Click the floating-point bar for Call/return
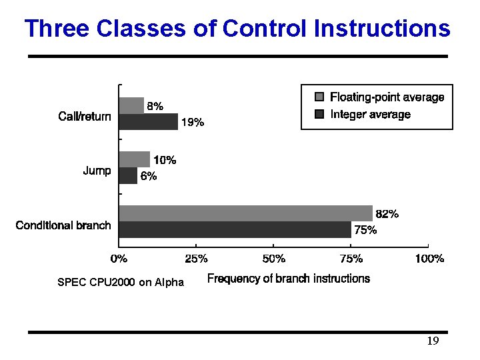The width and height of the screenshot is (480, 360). (131, 105)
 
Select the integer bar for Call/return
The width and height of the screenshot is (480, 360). (149, 121)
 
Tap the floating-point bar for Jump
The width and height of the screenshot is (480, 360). (134, 159)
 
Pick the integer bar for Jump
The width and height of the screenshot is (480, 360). (128, 175)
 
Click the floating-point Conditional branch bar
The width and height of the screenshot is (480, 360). (245, 213)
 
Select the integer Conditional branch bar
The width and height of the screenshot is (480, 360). (235, 229)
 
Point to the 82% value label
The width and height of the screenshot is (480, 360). (387, 214)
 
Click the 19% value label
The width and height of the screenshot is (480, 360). (193, 123)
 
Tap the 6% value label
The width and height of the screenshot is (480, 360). (148, 177)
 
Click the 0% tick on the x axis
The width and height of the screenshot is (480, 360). (119, 258)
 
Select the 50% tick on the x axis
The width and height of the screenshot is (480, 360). (274, 258)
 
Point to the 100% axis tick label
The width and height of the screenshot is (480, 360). (429, 258)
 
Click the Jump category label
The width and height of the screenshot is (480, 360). (97, 171)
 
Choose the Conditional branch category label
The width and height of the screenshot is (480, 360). (63, 225)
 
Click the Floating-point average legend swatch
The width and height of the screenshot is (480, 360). (319, 97)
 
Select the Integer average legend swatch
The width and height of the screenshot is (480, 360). (319, 115)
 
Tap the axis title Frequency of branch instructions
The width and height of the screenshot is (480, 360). (288, 279)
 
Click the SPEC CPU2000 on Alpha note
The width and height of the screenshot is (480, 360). (121, 283)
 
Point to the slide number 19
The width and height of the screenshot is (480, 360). (433, 341)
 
